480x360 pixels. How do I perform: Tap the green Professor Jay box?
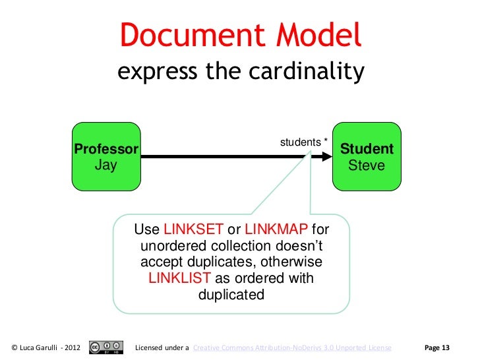106,156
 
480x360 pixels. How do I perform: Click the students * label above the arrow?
304,142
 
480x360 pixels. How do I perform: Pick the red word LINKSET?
193,229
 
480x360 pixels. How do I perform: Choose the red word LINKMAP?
276,229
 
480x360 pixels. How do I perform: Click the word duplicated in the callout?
231,295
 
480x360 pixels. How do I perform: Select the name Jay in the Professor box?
105,165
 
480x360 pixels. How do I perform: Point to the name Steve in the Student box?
366,165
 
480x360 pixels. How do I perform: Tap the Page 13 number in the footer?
437,347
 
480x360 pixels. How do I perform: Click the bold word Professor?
105,149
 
